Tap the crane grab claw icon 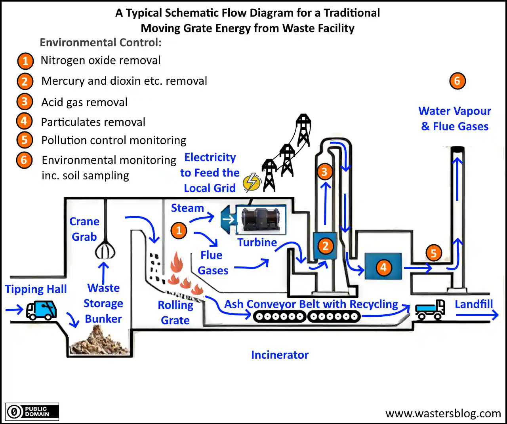click(x=105, y=249)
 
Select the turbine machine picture click(x=261, y=220)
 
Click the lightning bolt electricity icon click(x=252, y=183)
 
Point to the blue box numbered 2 click(x=325, y=246)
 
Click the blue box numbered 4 click(x=383, y=267)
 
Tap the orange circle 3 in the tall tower click(x=324, y=172)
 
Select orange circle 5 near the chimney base click(x=433, y=253)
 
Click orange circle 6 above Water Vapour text click(x=457, y=81)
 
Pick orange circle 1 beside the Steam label click(x=179, y=230)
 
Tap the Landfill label click(x=474, y=304)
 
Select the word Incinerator click(x=280, y=355)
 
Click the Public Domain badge click(x=32, y=412)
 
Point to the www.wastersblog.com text click(x=443, y=414)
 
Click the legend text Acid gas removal click(x=84, y=102)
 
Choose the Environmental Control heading click(x=101, y=42)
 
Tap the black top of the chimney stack click(x=457, y=149)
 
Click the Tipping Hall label click(x=36, y=289)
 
